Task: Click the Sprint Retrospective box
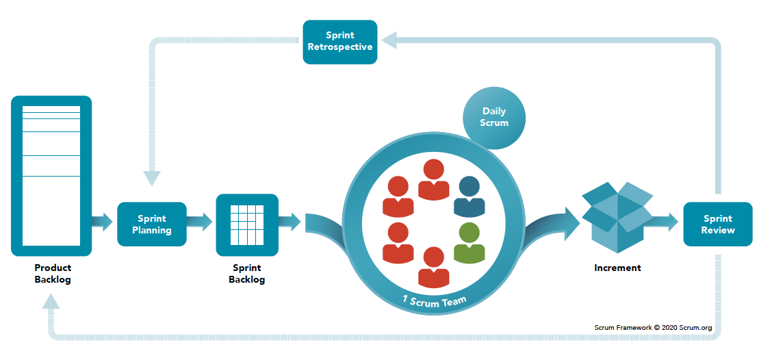340,42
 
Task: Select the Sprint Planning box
152,224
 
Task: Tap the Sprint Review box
718,224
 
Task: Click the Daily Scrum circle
495,117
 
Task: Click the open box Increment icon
617,216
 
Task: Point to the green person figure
469,244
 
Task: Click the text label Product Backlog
52,273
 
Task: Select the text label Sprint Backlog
247,274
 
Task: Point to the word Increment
617,268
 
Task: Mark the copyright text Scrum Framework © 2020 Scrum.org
653,328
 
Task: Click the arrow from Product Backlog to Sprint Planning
103,221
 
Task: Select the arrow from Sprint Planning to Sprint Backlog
201,221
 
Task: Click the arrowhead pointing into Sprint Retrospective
390,42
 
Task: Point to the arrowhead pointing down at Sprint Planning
152,178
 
